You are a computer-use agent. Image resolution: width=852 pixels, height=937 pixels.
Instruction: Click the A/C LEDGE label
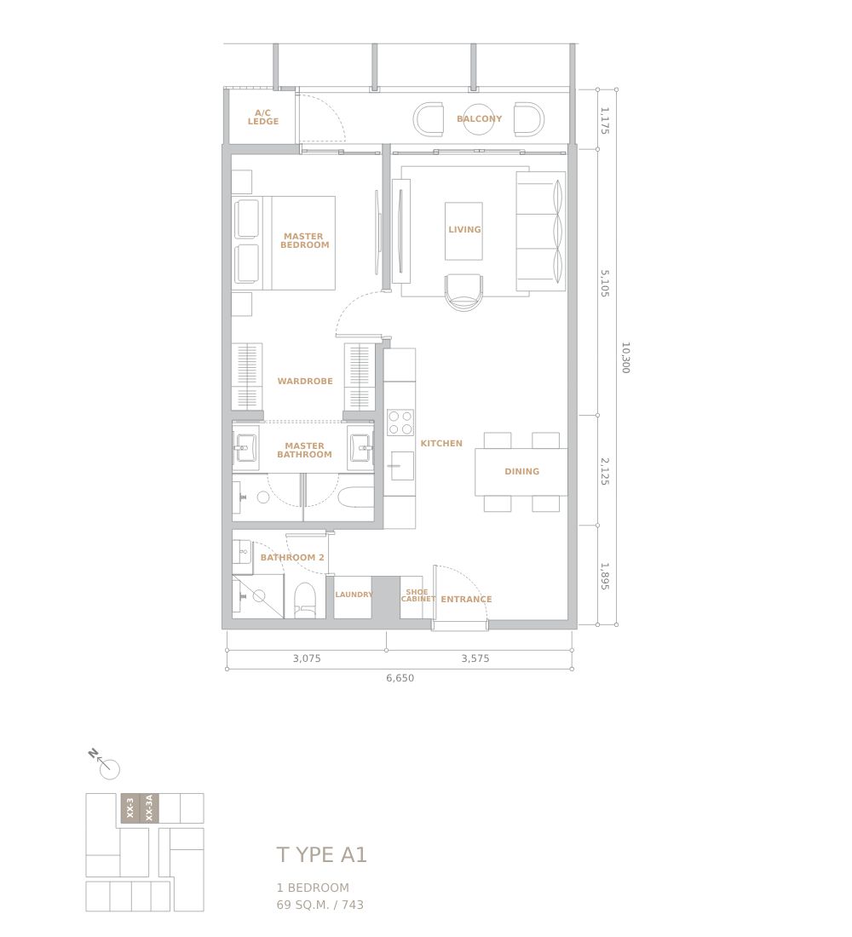tap(263, 118)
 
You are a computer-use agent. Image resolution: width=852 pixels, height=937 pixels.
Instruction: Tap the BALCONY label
tap(480, 119)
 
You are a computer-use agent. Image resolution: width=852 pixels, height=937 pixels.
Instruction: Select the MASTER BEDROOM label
tap(304, 241)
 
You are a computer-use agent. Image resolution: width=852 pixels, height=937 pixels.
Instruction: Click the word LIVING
tap(464, 229)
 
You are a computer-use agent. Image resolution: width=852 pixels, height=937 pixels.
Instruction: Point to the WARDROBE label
tap(305, 382)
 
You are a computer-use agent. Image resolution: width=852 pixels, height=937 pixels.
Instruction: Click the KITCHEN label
tap(441, 444)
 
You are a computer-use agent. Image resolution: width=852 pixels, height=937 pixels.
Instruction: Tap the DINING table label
tap(522, 472)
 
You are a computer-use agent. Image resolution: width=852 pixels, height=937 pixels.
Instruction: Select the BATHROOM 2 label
tap(292, 558)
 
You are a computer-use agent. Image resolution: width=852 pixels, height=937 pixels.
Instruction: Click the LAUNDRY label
tap(354, 595)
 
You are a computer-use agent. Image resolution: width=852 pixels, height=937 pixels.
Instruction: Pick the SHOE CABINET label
tap(417, 595)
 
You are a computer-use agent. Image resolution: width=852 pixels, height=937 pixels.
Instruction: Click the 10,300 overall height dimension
tap(625, 358)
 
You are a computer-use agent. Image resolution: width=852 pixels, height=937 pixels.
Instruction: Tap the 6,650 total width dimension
tap(400, 678)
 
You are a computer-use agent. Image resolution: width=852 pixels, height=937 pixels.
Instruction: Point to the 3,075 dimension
tap(307, 658)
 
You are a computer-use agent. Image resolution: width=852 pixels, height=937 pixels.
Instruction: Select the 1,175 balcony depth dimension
tap(604, 121)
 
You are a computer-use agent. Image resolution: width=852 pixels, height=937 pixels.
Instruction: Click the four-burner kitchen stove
tap(400, 423)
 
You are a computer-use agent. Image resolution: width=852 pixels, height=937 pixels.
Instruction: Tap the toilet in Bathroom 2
tap(305, 600)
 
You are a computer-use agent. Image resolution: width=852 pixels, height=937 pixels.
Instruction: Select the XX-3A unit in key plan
tap(149, 808)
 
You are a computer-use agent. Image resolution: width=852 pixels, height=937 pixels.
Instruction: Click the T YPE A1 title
tap(322, 854)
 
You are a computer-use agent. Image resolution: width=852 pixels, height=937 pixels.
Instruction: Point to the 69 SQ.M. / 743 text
tap(319, 905)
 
